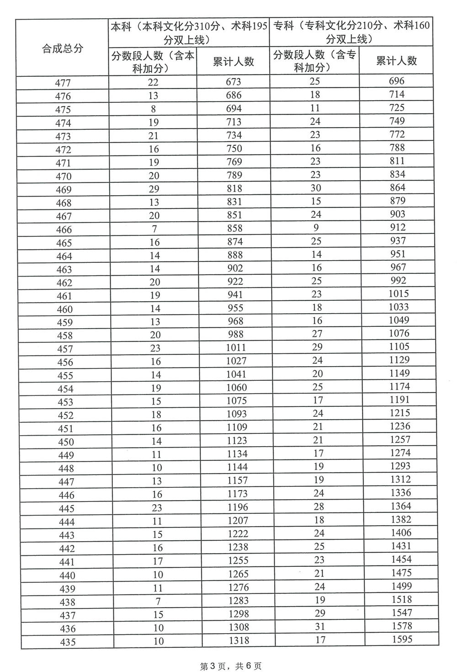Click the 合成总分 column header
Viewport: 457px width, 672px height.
[x=63, y=48]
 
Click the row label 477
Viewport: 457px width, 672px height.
[x=63, y=83]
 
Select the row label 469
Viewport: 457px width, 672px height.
[x=64, y=189]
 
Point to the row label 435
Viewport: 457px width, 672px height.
[x=67, y=642]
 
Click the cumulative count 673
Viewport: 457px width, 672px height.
[x=234, y=82]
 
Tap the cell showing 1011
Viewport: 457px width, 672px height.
[x=236, y=347]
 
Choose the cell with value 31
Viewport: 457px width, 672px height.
[x=319, y=626]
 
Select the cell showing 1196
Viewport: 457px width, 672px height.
[x=237, y=507]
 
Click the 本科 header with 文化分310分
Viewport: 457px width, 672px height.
[x=189, y=32]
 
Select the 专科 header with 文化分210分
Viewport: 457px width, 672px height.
[x=351, y=32]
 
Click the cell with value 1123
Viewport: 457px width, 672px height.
[x=237, y=441]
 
